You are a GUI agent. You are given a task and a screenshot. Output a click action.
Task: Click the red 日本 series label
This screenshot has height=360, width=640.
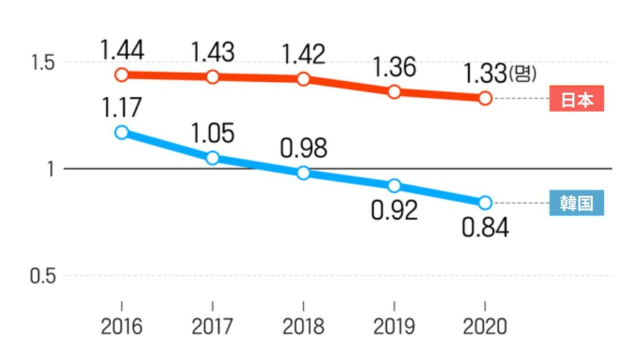(x=576, y=99)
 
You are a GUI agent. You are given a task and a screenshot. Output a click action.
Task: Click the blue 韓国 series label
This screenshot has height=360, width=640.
(x=576, y=203)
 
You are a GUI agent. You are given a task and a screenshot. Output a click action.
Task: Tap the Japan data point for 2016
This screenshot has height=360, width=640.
(x=122, y=75)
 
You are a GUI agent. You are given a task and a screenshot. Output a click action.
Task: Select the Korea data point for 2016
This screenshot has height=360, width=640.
(x=122, y=132)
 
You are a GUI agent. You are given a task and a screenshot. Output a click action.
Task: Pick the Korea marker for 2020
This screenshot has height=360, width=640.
(x=485, y=202)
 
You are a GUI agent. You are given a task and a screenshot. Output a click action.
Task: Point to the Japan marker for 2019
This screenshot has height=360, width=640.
(x=394, y=92)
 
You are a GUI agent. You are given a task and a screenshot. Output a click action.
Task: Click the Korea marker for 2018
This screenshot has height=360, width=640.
(x=304, y=173)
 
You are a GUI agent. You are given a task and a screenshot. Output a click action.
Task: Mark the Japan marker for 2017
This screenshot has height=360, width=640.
(x=212, y=77)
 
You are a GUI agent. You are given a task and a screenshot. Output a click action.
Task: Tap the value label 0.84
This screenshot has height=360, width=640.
(x=485, y=227)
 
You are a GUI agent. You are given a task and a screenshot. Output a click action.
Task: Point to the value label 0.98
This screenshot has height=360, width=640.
(x=304, y=148)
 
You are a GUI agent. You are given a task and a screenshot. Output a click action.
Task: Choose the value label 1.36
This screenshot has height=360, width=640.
(x=394, y=67)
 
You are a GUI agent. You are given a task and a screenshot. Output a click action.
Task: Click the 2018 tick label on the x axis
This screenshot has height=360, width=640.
(x=304, y=327)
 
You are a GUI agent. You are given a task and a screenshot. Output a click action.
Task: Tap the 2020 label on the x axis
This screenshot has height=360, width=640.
(x=485, y=327)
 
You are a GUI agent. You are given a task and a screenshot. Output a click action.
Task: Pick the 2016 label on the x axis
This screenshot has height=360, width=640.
(x=122, y=327)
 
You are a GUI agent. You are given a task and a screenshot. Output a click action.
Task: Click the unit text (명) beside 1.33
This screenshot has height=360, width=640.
(x=522, y=74)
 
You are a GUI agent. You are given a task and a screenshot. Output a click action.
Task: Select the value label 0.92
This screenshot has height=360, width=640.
(x=394, y=211)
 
